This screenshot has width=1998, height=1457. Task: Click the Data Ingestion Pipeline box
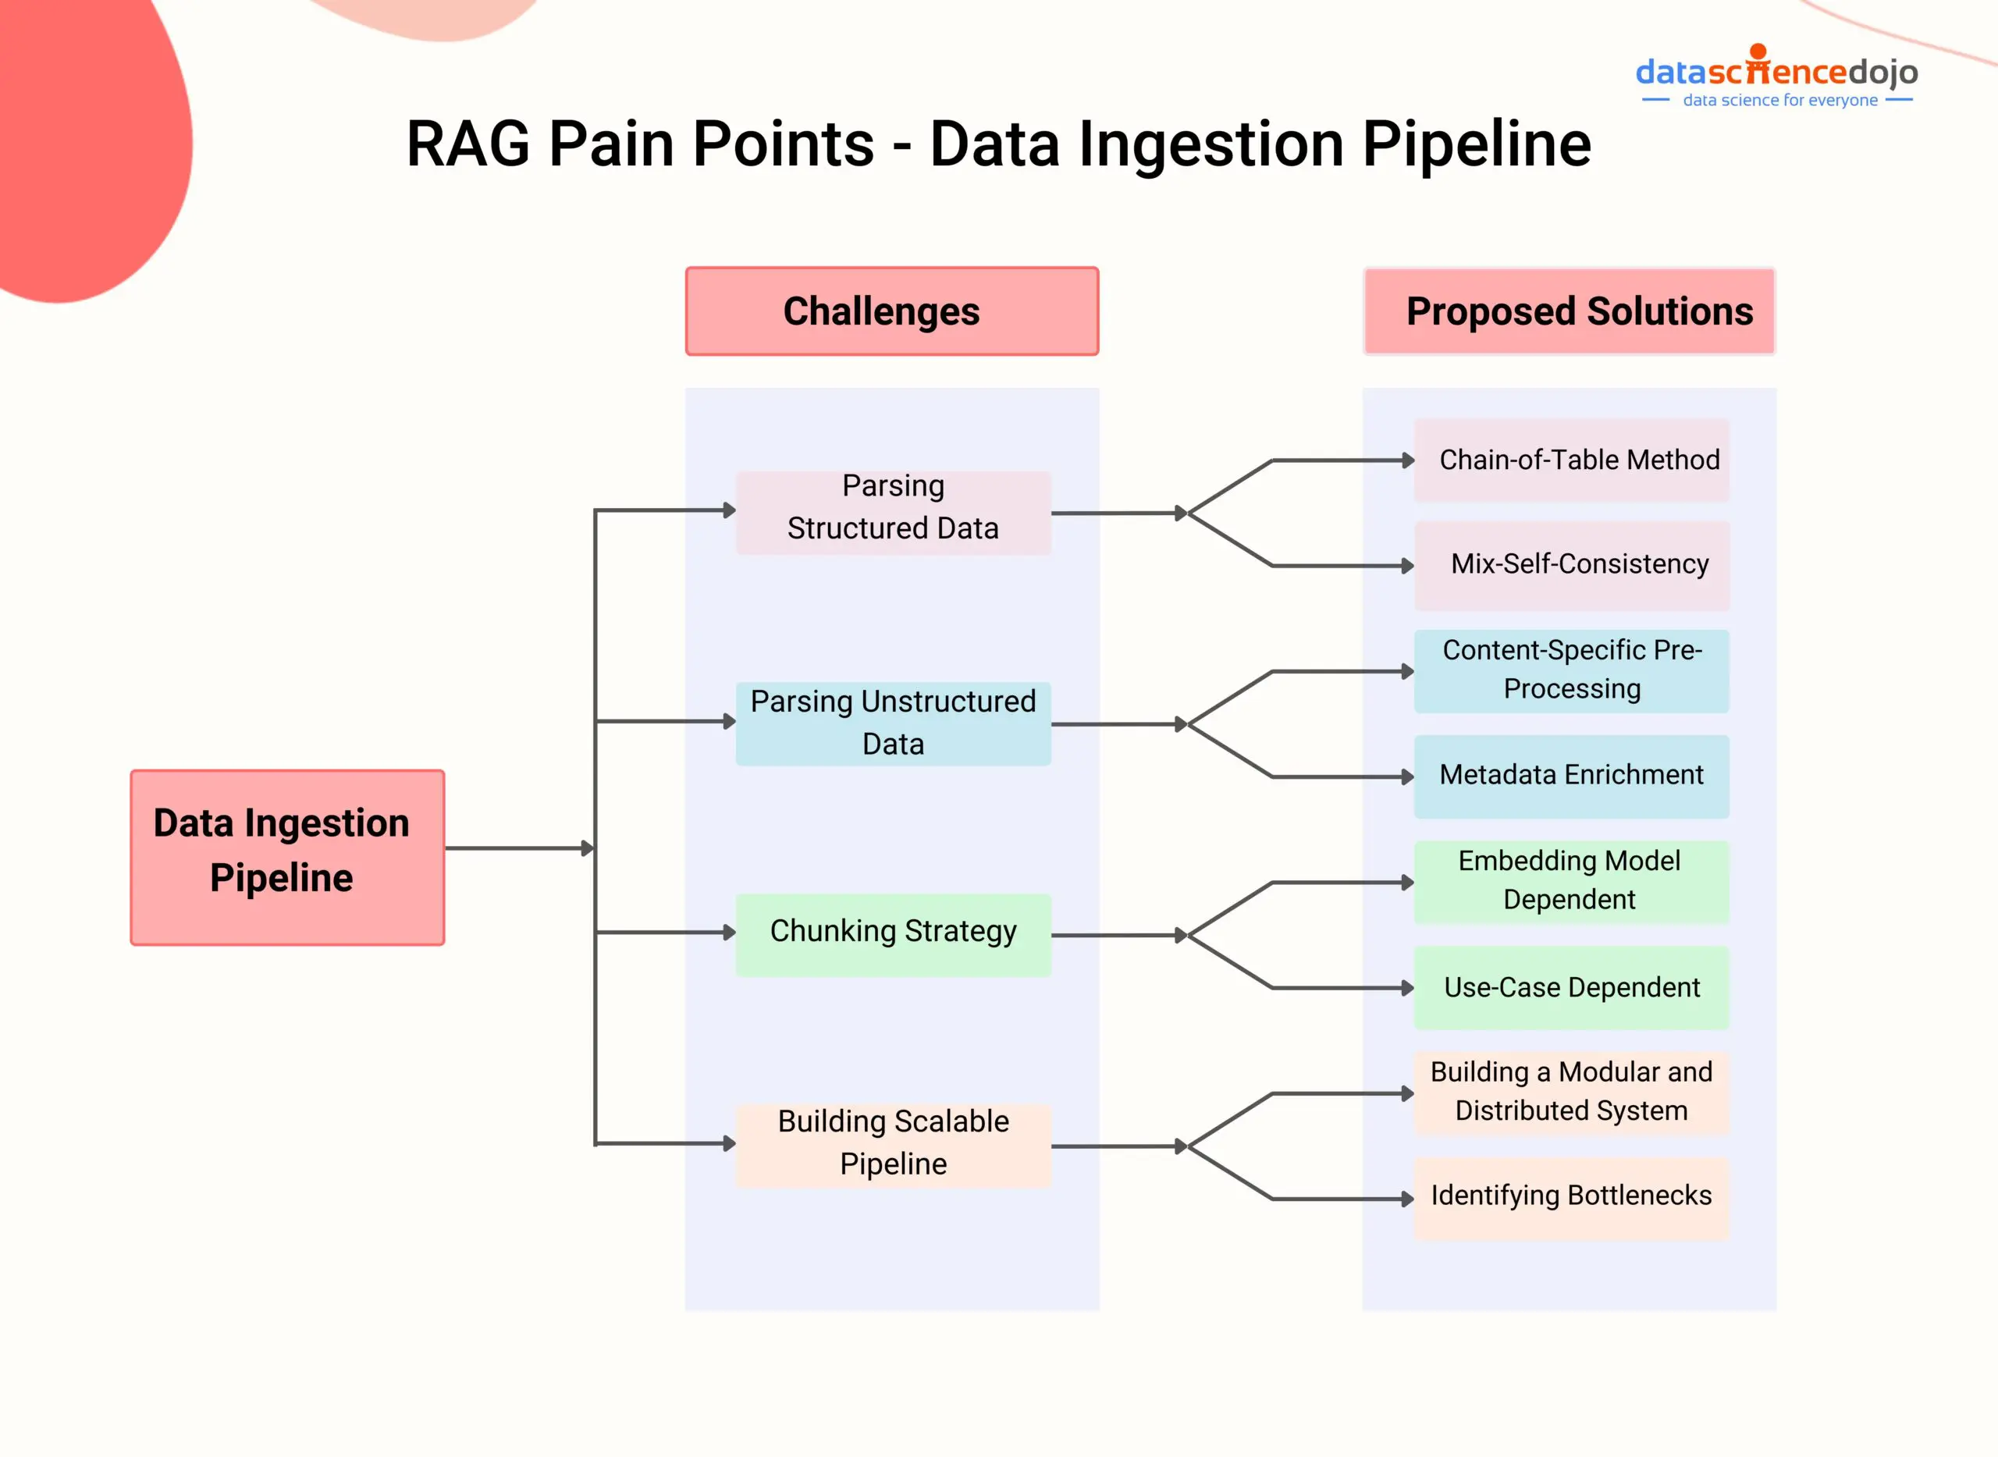click(x=287, y=858)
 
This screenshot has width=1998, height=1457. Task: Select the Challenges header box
click(x=892, y=311)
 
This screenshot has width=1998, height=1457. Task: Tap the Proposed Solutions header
click(x=1570, y=311)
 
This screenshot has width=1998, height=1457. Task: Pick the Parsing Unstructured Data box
click(x=893, y=723)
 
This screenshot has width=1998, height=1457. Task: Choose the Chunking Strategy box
click(x=893, y=933)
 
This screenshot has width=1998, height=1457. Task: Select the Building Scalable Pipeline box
click(x=893, y=1144)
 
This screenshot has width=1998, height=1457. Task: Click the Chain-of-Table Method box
click(x=1571, y=460)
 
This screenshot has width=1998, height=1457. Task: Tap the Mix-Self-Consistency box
click(x=1571, y=564)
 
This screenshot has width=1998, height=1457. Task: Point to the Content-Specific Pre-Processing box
click(x=1571, y=670)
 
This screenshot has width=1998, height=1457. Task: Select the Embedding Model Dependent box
click(x=1571, y=881)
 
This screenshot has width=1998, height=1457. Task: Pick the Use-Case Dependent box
click(x=1571, y=988)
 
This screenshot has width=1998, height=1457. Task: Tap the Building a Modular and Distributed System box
click(x=1571, y=1092)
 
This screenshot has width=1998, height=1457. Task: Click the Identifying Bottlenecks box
click(x=1571, y=1198)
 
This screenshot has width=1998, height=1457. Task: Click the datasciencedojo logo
click(x=1776, y=70)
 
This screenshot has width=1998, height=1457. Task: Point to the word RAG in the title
click(x=468, y=144)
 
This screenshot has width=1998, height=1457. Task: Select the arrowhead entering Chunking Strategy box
click(x=729, y=933)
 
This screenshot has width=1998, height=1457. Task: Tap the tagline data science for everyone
click(x=1779, y=101)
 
